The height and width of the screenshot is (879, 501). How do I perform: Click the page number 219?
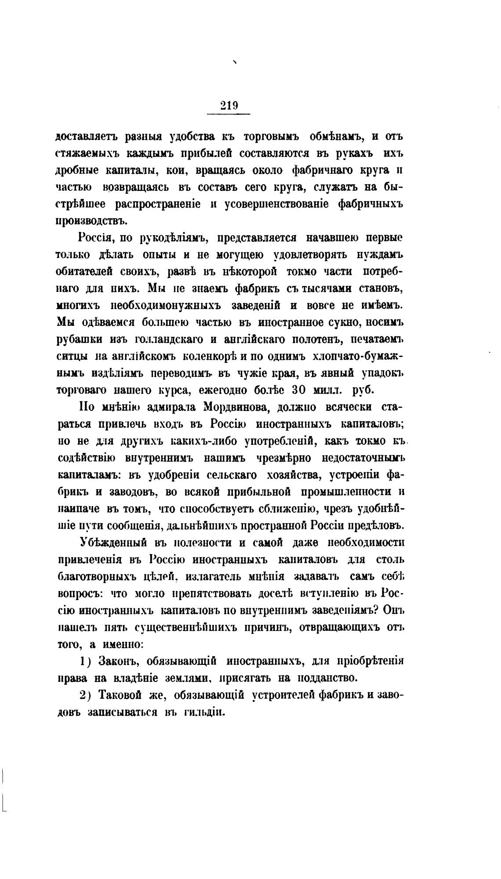228,105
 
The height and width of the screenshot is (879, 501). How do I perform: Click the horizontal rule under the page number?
228,115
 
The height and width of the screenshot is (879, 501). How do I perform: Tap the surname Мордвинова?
230,408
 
